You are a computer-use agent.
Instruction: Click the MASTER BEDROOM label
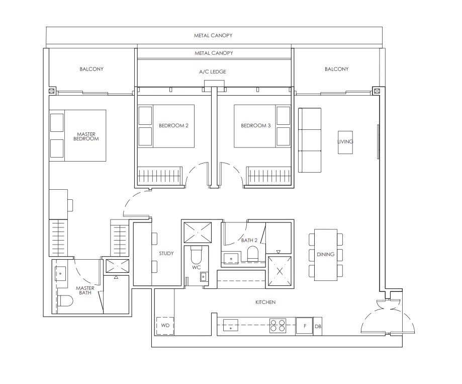[86, 136]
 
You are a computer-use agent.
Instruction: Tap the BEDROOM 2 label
[173, 125]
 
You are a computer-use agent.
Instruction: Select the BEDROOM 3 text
[255, 125]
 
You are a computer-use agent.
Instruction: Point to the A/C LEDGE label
[213, 72]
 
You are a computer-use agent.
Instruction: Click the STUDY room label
[166, 254]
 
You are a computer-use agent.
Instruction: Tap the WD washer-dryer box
[165, 326]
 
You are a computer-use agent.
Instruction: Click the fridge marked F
[304, 326]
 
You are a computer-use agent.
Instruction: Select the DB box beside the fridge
[318, 326]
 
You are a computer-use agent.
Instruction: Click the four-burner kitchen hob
[279, 326]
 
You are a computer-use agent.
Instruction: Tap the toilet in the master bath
[65, 301]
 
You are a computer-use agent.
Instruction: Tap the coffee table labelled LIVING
[345, 141]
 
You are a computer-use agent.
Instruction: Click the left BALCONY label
[91, 69]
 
